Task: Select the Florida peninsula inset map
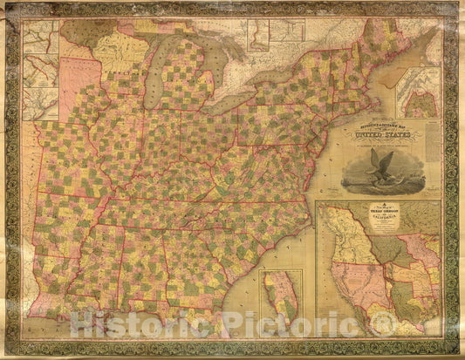pos(281,301)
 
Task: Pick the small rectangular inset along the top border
pos(259,34)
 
